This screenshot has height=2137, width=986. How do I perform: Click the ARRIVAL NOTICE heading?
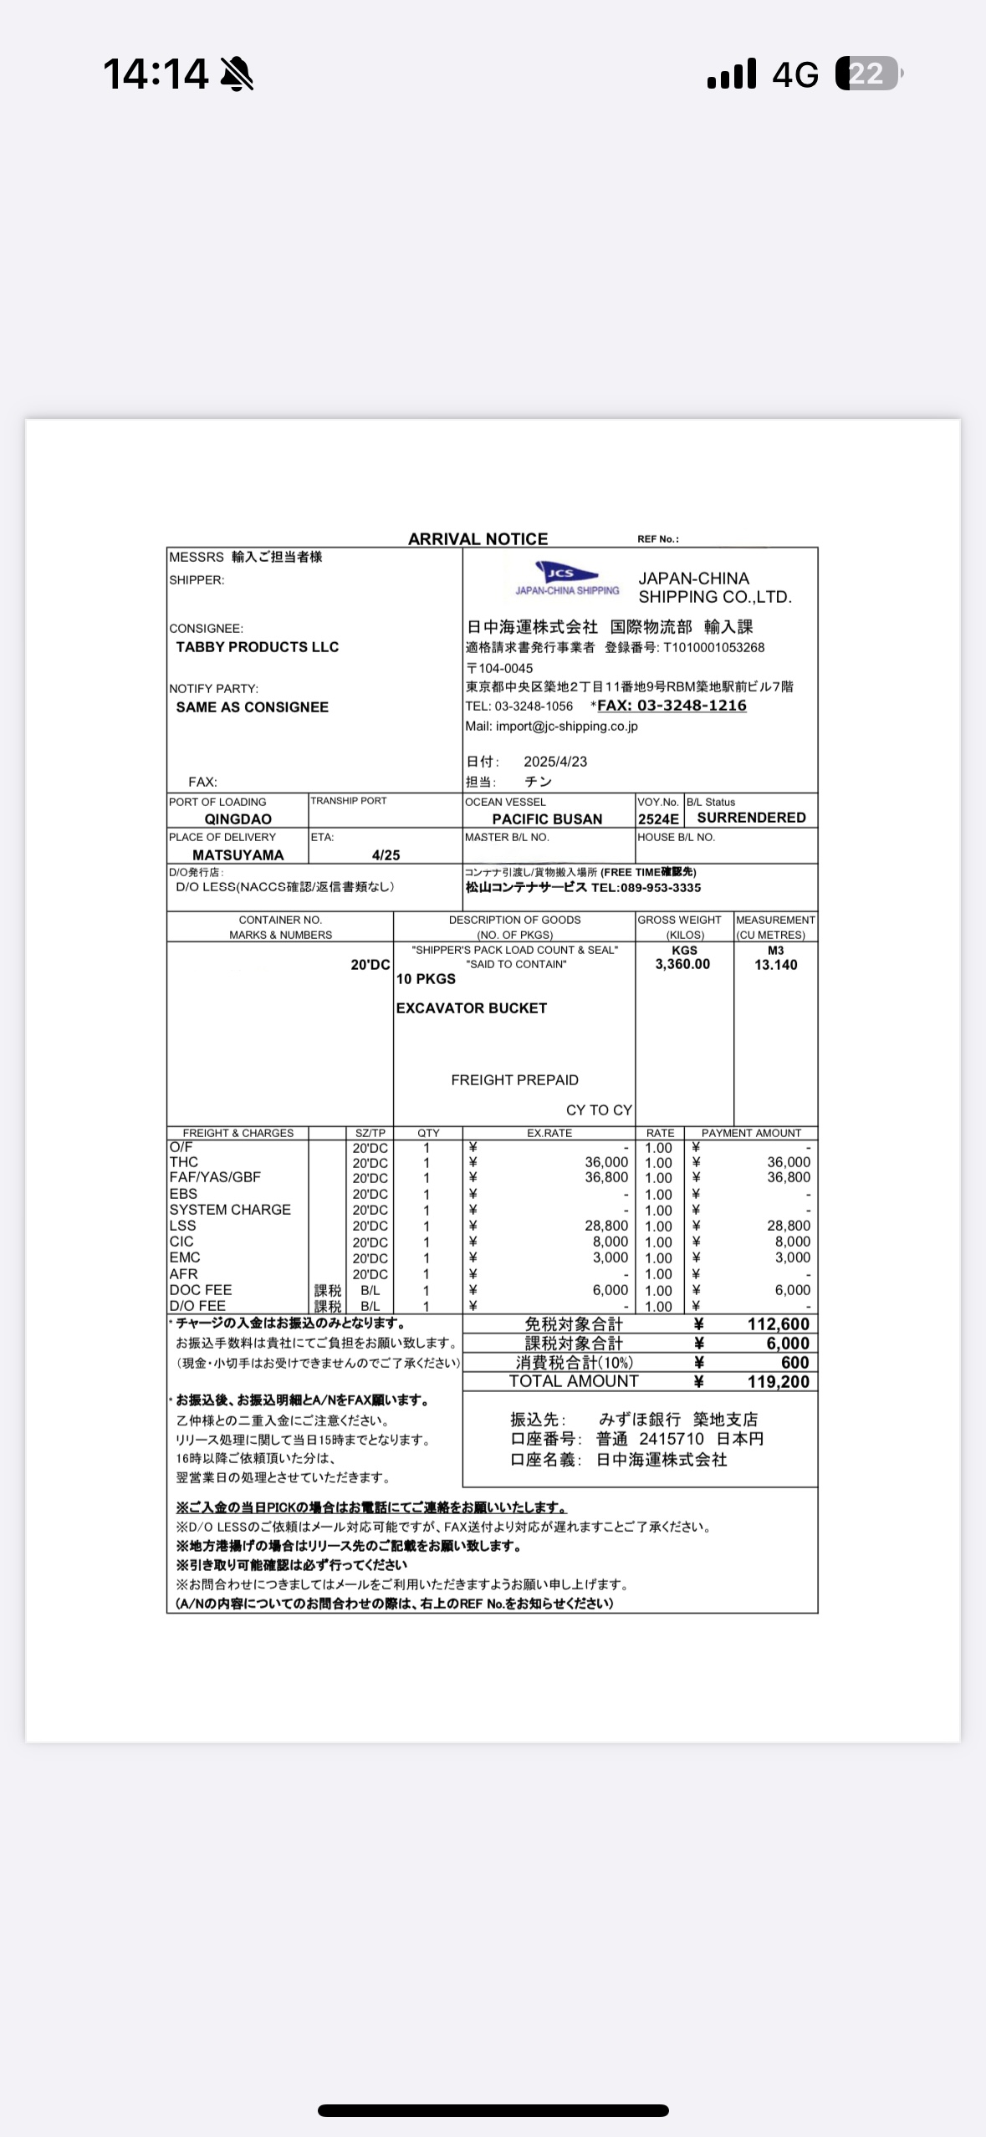(x=478, y=539)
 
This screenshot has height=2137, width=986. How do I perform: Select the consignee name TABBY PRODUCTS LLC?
(x=257, y=647)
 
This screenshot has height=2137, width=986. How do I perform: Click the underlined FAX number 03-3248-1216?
(x=672, y=706)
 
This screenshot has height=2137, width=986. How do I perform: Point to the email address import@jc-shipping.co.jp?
(x=566, y=727)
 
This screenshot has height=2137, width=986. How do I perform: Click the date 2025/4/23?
(x=555, y=762)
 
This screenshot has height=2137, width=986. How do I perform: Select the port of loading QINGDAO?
(x=238, y=819)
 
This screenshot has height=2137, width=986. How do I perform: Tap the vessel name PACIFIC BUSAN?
(x=547, y=819)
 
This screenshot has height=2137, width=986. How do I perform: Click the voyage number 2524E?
(x=658, y=819)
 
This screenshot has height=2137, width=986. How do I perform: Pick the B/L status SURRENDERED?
(x=751, y=818)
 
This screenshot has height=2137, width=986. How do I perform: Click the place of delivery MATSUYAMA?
(x=238, y=855)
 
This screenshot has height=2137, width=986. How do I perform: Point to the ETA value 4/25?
(x=386, y=855)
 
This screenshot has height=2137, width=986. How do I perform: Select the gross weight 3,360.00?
(x=682, y=965)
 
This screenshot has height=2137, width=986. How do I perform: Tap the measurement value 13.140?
(x=775, y=965)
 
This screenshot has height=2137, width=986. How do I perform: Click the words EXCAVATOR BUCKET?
(x=472, y=1008)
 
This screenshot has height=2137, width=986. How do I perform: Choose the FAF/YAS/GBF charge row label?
(x=215, y=1177)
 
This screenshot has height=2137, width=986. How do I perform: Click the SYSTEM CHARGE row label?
(x=230, y=1210)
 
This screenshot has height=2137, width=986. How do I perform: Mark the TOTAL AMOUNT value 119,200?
(x=778, y=1382)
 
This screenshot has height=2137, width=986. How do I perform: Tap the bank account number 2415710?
(x=672, y=1439)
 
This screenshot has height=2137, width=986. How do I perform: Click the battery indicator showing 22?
(x=868, y=74)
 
